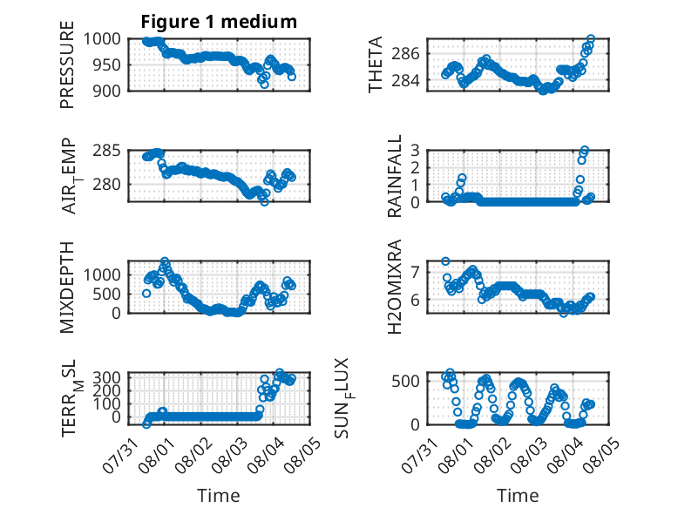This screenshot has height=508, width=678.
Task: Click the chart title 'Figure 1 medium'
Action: [x=219, y=21]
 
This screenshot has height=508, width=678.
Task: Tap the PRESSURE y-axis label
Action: [x=67, y=64]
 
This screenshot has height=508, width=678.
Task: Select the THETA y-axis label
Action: [x=376, y=64]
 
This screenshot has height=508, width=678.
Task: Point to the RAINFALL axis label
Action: [x=395, y=176]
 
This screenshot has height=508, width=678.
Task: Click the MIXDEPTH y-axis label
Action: [x=67, y=288]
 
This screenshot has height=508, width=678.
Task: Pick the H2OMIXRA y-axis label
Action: [x=395, y=287]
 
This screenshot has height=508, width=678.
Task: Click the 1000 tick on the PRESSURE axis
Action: [x=102, y=39]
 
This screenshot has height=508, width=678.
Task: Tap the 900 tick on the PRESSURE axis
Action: [x=107, y=91]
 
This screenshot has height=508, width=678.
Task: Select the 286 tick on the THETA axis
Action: [x=405, y=54]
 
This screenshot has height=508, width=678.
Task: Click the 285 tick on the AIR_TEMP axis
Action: [x=107, y=151]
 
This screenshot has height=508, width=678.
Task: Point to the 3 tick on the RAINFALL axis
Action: [x=415, y=151]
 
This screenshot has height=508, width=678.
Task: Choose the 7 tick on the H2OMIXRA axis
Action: [x=415, y=273]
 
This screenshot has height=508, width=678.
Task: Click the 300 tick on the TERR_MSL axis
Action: [x=107, y=377]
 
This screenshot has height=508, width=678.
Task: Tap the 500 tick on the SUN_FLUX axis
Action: [x=405, y=382]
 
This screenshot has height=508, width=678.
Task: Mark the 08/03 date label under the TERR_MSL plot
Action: [x=229, y=455]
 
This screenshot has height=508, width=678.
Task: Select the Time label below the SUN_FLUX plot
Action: [x=518, y=495]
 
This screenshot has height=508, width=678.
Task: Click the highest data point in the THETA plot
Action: [x=590, y=39]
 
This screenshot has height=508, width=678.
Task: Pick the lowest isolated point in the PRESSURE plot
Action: [x=264, y=85]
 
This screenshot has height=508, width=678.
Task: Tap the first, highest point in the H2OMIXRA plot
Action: [x=445, y=261]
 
